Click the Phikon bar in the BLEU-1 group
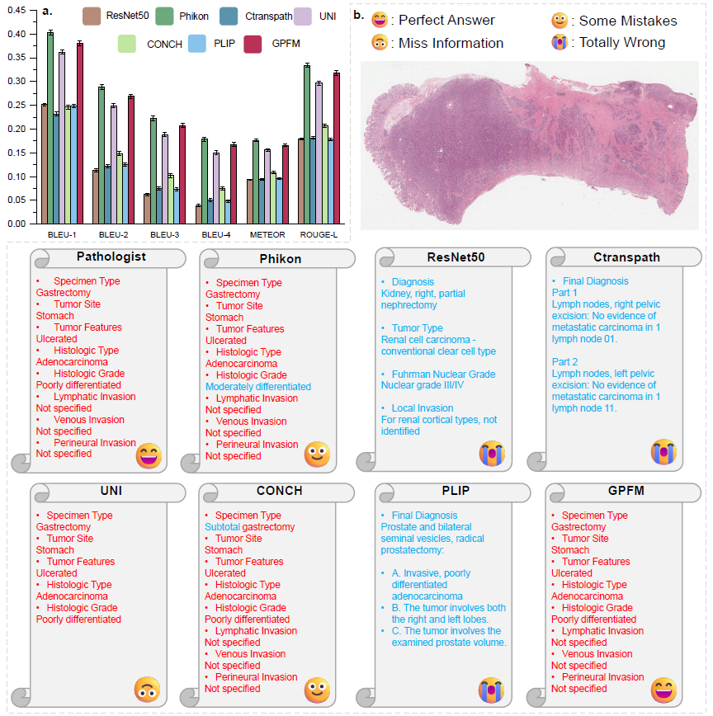coord(50,128)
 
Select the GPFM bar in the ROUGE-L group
coord(336,148)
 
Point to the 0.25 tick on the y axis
coord(17,105)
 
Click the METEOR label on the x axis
coord(267,234)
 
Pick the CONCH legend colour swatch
coord(126,44)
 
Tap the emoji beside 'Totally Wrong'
coord(560,42)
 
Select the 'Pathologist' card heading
coord(111,257)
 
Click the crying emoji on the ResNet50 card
coord(493,453)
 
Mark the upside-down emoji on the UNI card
coord(148,689)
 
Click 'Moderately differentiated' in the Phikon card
coord(257,386)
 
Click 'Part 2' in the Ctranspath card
coord(564,362)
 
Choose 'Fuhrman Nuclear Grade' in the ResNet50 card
coord(437,374)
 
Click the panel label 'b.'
coord(358,14)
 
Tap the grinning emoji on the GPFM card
coord(663,689)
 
